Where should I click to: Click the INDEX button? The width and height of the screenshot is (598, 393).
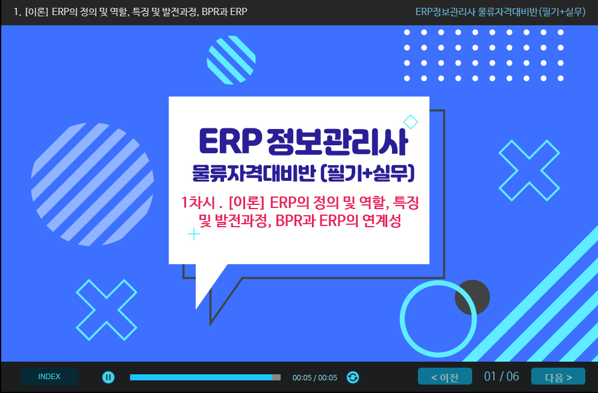click(x=49, y=377)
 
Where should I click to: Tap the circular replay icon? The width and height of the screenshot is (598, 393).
click(x=353, y=377)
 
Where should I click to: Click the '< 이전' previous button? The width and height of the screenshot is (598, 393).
click(x=444, y=377)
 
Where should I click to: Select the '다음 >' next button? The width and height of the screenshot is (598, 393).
click(x=558, y=377)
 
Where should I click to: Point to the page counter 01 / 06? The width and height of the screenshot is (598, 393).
click(x=502, y=377)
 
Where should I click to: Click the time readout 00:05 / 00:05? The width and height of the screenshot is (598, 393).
click(x=314, y=378)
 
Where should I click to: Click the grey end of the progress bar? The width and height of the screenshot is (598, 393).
click(x=276, y=377)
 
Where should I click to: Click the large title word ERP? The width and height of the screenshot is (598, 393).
click(x=231, y=142)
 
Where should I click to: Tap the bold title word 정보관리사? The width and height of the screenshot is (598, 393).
click(x=337, y=142)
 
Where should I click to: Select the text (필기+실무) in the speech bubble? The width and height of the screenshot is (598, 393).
click(x=367, y=174)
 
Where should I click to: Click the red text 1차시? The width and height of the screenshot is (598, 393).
click(x=198, y=203)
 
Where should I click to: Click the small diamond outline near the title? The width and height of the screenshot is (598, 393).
click(x=410, y=122)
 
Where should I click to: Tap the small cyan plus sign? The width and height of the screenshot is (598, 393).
click(x=194, y=234)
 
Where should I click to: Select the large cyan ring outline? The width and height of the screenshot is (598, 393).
click(x=402, y=319)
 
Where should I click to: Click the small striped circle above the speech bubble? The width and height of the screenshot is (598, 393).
click(x=231, y=60)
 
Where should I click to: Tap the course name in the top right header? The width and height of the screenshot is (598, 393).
click(x=500, y=12)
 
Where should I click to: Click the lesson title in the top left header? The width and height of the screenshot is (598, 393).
click(x=131, y=12)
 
